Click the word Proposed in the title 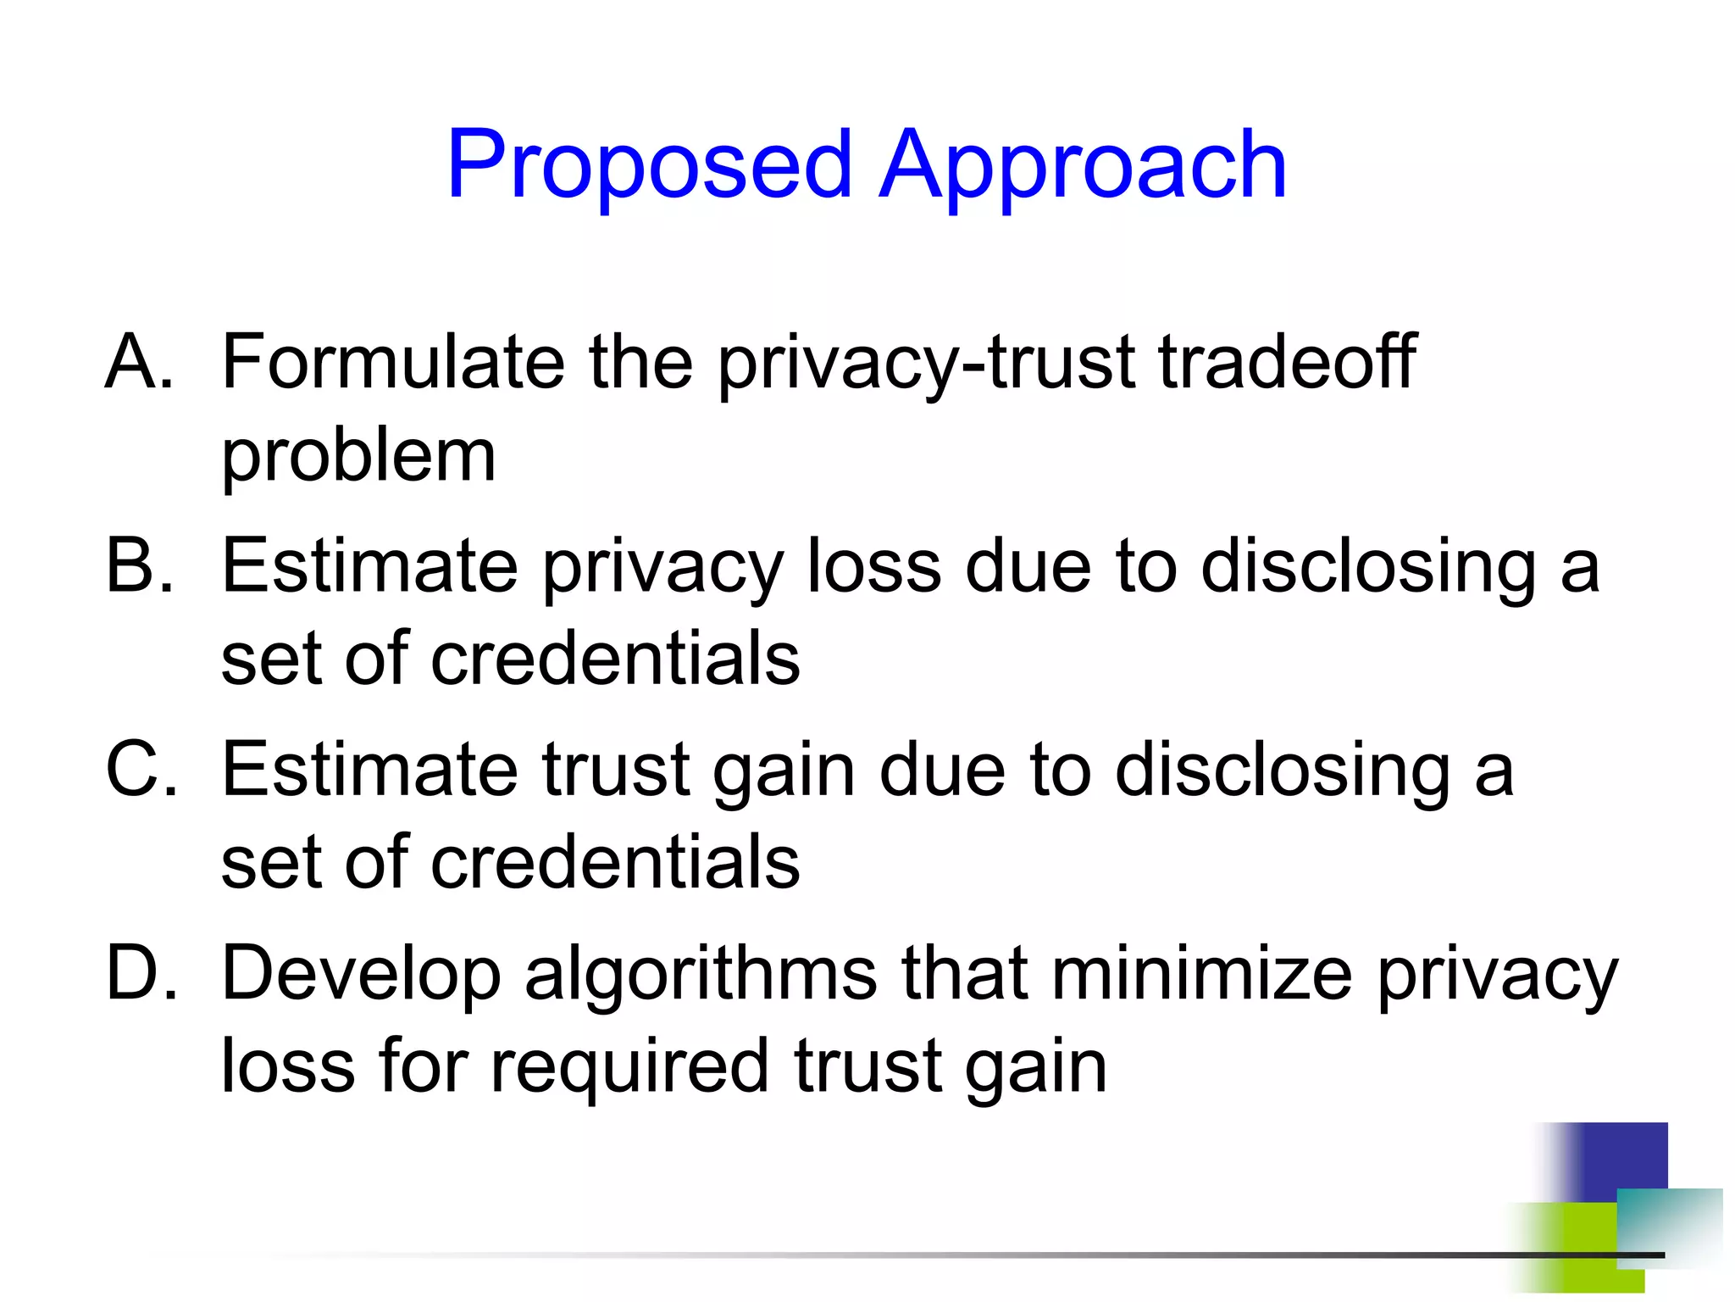649,165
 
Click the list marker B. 140,565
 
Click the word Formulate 392,363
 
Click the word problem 358,458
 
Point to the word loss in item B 873,565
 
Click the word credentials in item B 615,659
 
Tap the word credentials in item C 615,863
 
